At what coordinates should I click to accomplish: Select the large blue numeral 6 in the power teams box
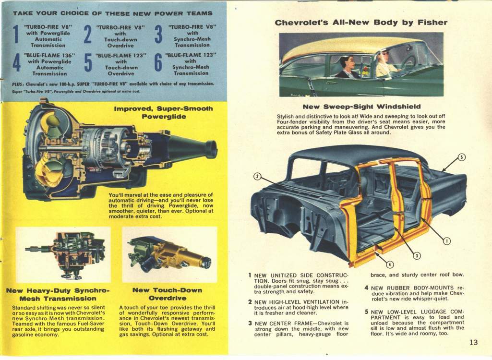tap(158, 63)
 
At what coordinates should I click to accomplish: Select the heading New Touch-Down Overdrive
tap(167, 294)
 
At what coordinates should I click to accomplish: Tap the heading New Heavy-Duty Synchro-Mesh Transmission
tap(58, 294)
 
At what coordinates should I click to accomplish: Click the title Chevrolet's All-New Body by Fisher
tap(360, 23)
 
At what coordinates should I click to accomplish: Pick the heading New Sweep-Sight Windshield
tap(361, 106)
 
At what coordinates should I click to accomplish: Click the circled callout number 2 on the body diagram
tap(257, 177)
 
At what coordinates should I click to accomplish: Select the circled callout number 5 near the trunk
tap(461, 157)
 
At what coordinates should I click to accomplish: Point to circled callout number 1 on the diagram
tap(446, 241)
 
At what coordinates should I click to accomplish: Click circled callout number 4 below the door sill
tap(389, 264)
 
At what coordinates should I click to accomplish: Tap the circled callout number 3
tap(417, 255)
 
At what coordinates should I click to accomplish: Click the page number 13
tap(474, 342)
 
